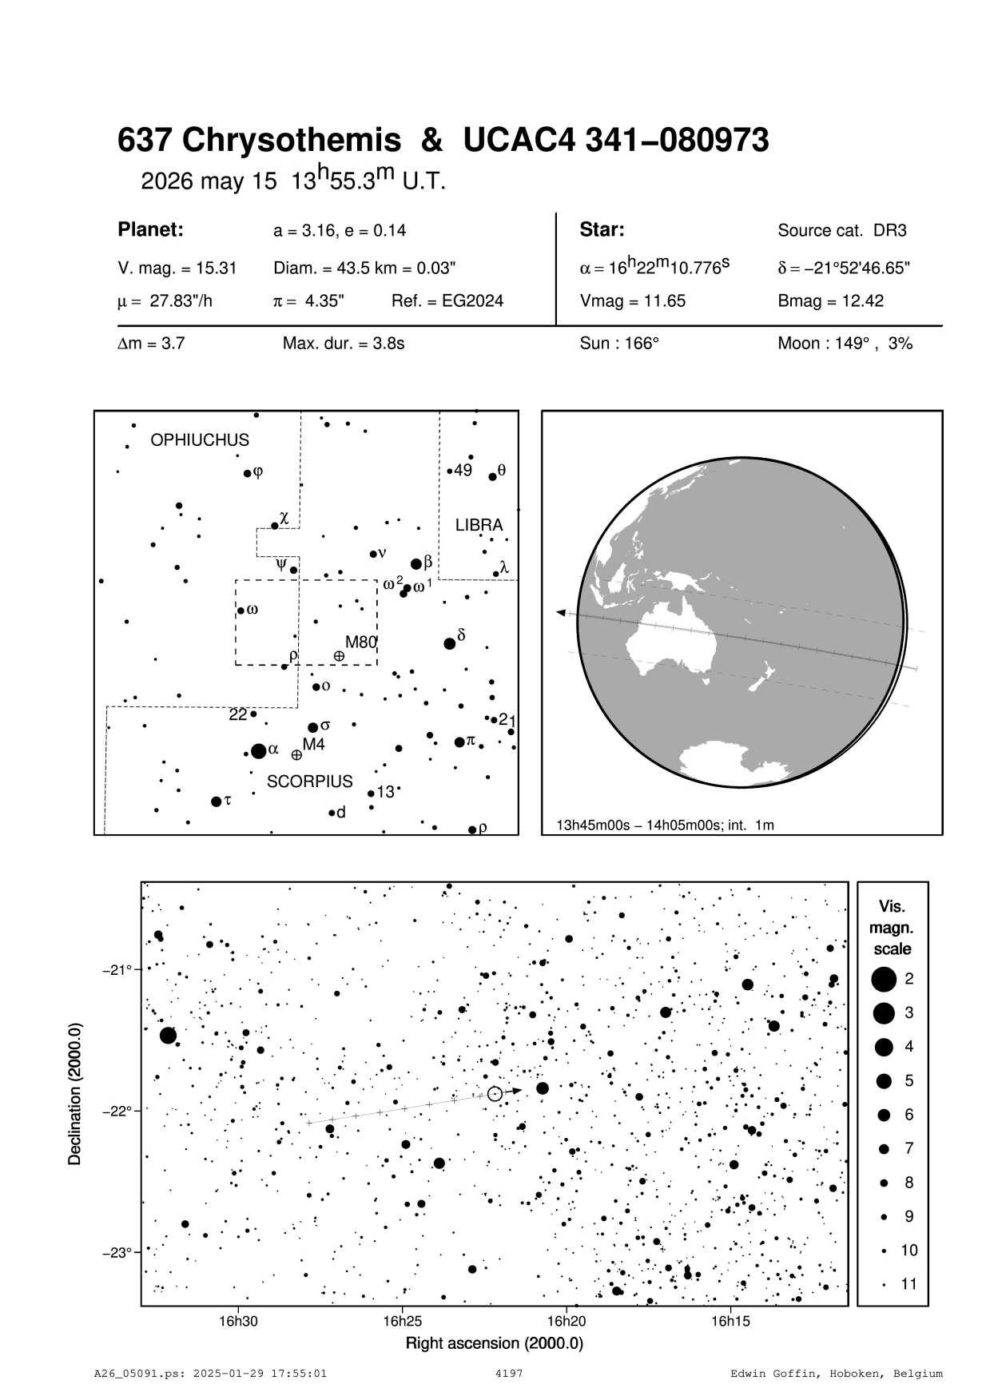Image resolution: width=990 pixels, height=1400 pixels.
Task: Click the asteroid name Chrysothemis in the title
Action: pyautogui.click(x=292, y=141)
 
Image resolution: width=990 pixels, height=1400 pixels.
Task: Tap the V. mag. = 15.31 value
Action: pyautogui.click(x=177, y=268)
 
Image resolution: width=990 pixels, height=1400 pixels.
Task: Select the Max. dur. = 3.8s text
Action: pyautogui.click(x=344, y=344)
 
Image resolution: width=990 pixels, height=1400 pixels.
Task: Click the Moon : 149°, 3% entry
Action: pyautogui.click(x=845, y=344)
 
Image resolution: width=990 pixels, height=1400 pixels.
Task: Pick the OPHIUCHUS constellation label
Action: pyautogui.click(x=200, y=440)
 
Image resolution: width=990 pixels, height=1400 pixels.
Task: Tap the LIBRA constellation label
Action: pyautogui.click(x=479, y=525)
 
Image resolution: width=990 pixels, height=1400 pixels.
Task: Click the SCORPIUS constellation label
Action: pyautogui.click(x=309, y=782)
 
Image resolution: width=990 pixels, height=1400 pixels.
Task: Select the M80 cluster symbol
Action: pyautogui.click(x=339, y=656)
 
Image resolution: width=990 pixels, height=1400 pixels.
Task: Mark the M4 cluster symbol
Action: pyautogui.click(x=296, y=754)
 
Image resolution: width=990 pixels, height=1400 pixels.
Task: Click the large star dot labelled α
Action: pyautogui.click(x=258, y=751)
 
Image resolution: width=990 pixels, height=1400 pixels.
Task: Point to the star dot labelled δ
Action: pyautogui.click(x=449, y=643)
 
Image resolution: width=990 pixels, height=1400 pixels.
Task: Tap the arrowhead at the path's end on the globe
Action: pyautogui.click(x=561, y=612)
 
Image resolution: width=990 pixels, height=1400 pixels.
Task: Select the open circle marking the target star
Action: pyautogui.click(x=495, y=1094)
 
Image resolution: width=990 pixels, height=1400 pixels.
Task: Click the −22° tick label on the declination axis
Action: pyautogui.click(x=117, y=1112)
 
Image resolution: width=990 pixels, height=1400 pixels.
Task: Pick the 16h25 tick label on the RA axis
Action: pyautogui.click(x=403, y=1321)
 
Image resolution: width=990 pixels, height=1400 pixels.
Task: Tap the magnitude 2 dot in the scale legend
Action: pyautogui.click(x=884, y=978)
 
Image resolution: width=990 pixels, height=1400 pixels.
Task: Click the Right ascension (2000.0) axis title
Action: pyautogui.click(x=495, y=1343)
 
